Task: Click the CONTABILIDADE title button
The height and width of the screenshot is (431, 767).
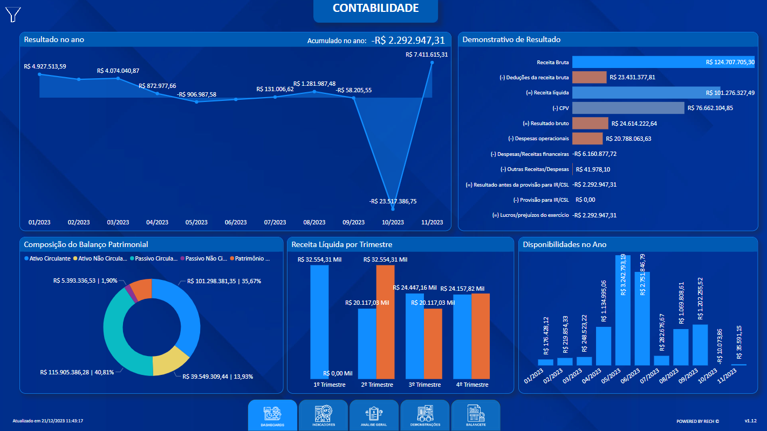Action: tap(375, 9)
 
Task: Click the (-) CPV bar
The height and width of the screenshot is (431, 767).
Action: tap(628, 108)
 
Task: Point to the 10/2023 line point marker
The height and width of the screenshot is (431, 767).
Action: tap(393, 208)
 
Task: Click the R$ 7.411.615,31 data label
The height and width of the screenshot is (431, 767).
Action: tap(427, 54)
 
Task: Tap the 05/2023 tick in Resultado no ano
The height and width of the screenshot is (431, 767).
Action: tap(196, 222)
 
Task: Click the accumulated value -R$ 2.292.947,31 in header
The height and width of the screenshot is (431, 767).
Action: tap(408, 40)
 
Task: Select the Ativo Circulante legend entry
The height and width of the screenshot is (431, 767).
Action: tap(47, 259)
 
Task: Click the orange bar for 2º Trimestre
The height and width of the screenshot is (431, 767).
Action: tap(385, 321)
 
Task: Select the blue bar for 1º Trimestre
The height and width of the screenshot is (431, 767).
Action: tap(319, 321)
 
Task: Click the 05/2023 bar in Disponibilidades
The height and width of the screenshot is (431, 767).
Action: tap(623, 310)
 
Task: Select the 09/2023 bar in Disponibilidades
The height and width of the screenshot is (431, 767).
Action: tap(700, 345)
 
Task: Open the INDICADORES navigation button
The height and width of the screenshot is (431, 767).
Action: tap(323, 415)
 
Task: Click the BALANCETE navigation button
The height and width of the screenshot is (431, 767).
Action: tap(476, 415)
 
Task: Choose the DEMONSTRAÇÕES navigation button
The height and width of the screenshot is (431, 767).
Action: tap(425, 415)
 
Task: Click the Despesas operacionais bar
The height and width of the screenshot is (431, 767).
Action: tap(587, 139)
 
